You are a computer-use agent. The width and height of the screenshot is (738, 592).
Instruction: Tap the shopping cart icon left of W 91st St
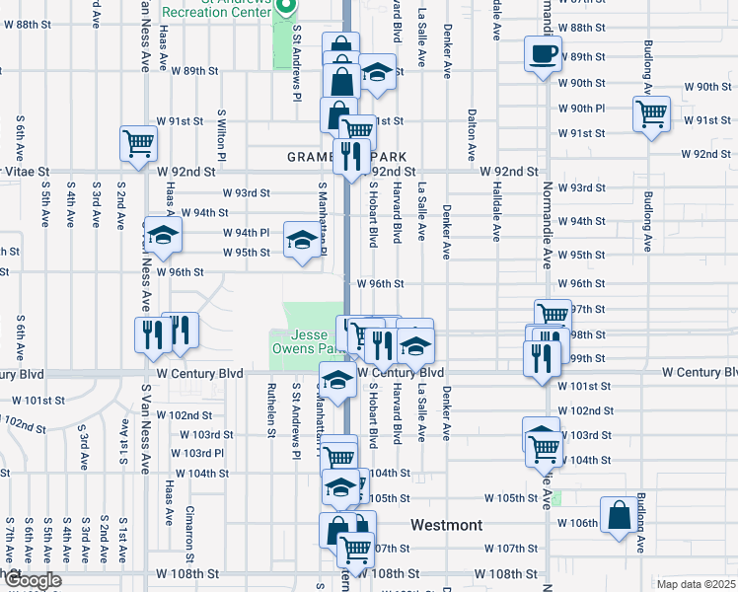point(138,142)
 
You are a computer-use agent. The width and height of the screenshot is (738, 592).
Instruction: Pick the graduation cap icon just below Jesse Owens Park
point(337,381)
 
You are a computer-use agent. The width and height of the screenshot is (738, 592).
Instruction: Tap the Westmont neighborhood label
point(447,526)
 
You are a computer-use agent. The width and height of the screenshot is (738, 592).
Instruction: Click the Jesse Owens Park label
point(305,341)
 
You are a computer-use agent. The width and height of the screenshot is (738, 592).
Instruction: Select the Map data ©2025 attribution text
point(697,584)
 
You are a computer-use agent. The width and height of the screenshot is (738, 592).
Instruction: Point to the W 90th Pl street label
point(581,109)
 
